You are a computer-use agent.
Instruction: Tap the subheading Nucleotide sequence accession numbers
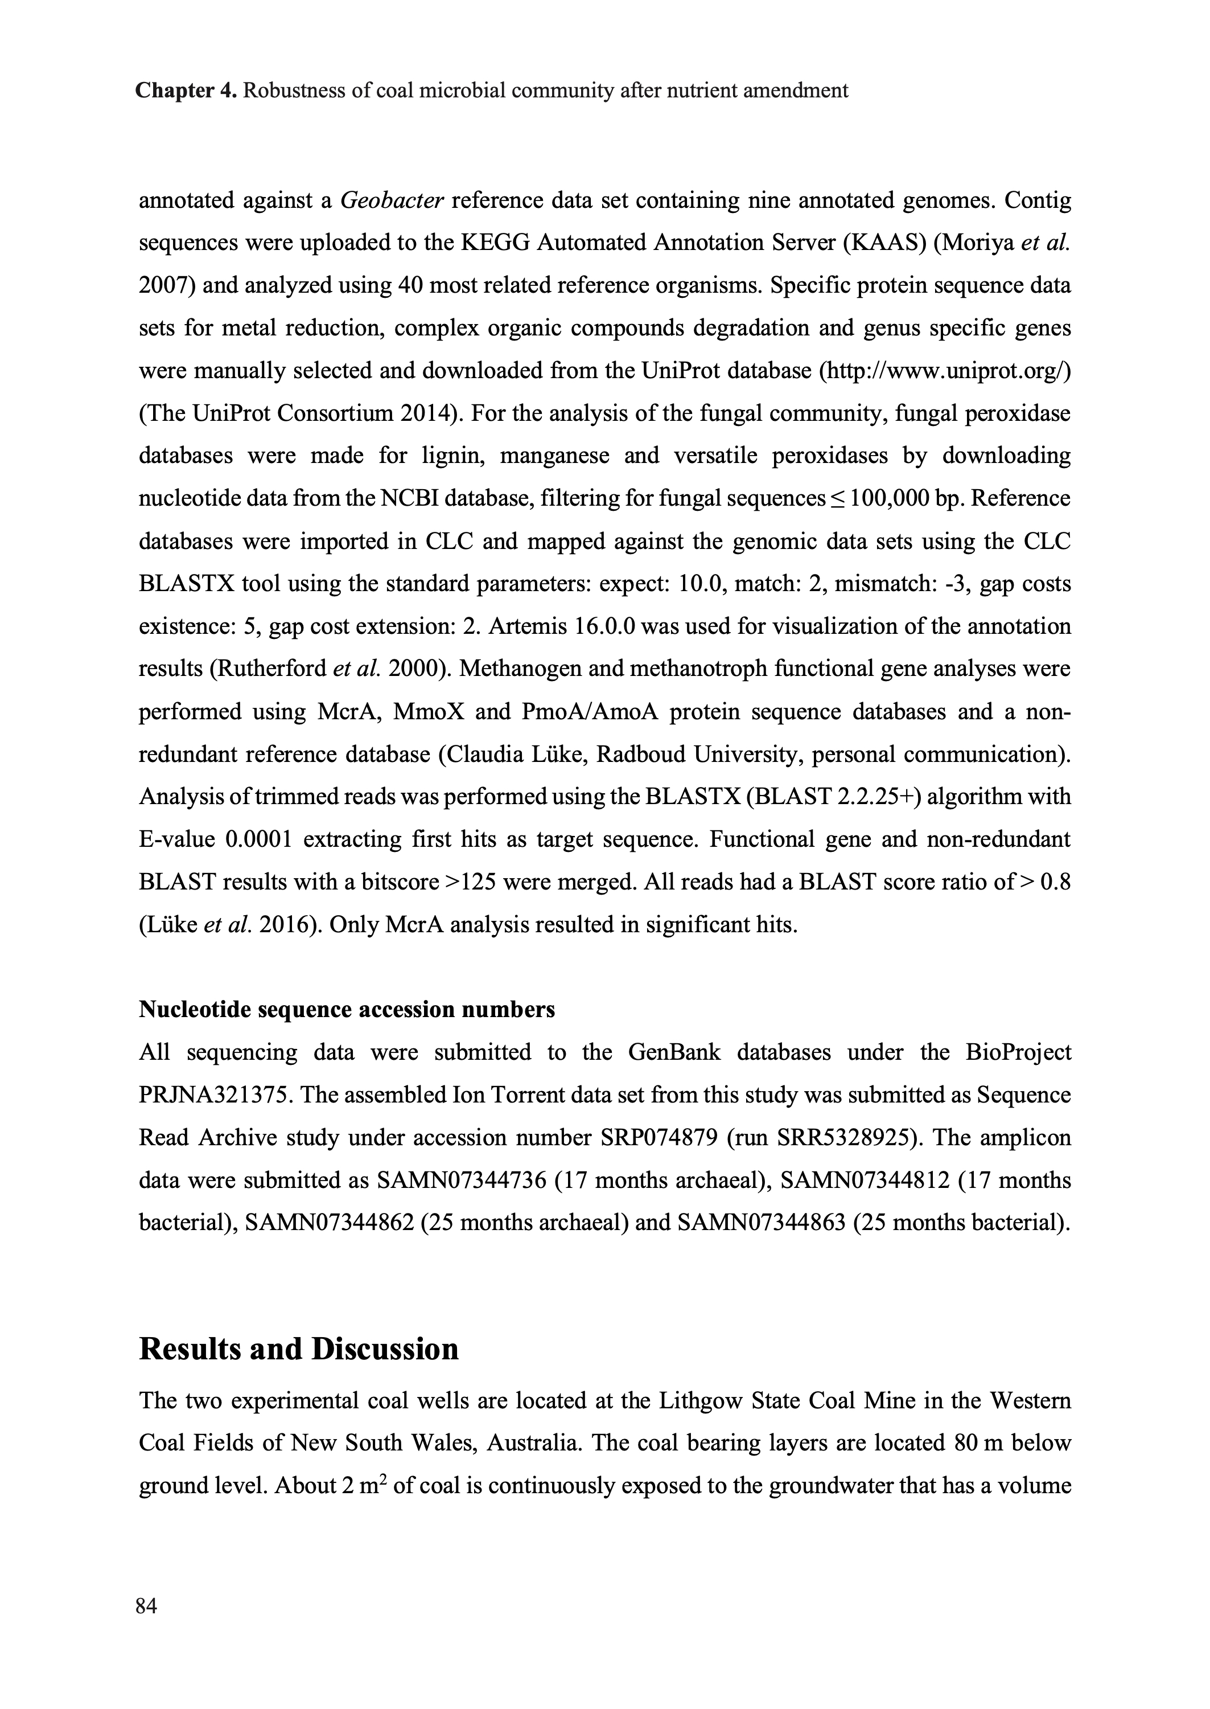pos(347,1009)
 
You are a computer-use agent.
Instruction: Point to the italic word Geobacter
pos(392,200)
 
